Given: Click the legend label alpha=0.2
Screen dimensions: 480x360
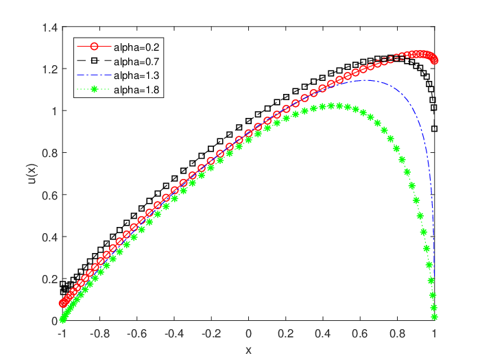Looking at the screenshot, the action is point(136,47).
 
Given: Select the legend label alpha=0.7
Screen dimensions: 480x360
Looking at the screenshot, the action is point(136,62).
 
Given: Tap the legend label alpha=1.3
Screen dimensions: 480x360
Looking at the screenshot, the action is point(136,75).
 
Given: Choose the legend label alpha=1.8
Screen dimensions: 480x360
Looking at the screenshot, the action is point(136,90).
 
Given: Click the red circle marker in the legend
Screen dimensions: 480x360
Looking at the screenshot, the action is point(95,47).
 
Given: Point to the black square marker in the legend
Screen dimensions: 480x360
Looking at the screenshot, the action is point(95,61).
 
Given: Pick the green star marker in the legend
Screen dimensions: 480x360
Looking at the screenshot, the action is point(95,89).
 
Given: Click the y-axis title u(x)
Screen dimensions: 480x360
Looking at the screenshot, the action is point(32,174).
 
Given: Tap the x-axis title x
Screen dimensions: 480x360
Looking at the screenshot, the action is point(248,350).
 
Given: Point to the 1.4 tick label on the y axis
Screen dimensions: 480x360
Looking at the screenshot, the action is point(50,28).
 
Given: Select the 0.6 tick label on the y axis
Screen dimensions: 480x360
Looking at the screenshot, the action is point(50,195).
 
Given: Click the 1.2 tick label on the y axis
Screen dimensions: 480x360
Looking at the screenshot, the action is point(50,69).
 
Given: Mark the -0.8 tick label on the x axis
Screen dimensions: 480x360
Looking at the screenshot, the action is point(100,333).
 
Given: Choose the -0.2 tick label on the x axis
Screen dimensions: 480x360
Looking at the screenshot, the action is point(211,333).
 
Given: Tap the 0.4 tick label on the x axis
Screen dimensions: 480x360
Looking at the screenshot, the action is point(323,333).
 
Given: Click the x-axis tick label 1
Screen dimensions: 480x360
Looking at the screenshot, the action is point(434,333).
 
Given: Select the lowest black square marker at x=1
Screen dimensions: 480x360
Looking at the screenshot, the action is point(434,129).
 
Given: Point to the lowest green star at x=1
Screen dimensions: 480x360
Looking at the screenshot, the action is point(434,317).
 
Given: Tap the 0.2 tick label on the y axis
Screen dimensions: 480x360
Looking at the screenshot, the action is point(50,279).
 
